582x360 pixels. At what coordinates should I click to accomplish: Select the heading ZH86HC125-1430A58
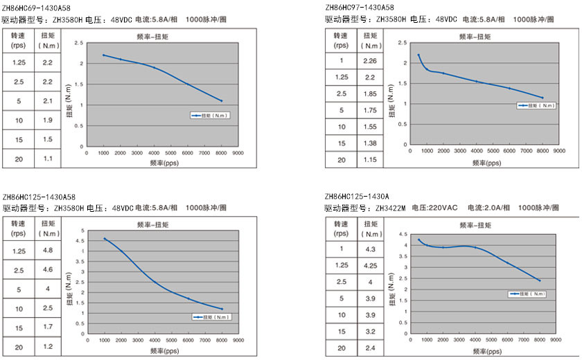pyautogui.click(x=39, y=197)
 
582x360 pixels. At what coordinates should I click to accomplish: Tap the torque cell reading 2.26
pyautogui.click(x=370, y=60)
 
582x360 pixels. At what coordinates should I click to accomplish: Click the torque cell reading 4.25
pyautogui.click(x=370, y=264)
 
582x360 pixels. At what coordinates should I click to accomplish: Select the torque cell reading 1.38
pyautogui.click(x=370, y=143)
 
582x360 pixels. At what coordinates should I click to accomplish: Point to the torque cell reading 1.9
pyautogui.click(x=48, y=120)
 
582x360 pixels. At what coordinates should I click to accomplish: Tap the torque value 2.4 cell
pyautogui.click(x=370, y=347)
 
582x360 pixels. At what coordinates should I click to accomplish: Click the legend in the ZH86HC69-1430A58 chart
pyautogui.click(x=211, y=115)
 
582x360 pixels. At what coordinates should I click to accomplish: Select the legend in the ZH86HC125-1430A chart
pyautogui.click(x=530, y=294)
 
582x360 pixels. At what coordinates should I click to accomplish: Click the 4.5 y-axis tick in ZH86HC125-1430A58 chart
pyautogui.click(x=83, y=240)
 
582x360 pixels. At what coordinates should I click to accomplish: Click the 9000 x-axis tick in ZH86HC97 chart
pyautogui.click(x=560, y=150)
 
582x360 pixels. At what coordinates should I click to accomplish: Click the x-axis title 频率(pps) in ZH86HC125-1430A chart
pyautogui.click(x=479, y=351)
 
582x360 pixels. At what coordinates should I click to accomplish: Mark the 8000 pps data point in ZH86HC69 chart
pyautogui.click(x=222, y=101)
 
